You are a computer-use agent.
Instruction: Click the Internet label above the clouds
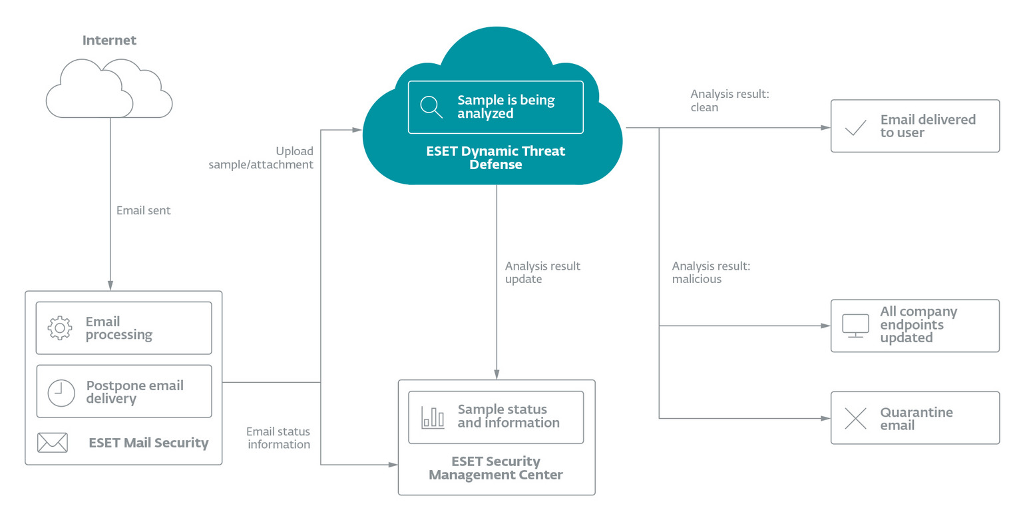coord(109,41)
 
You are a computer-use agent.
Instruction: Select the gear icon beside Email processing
coord(60,328)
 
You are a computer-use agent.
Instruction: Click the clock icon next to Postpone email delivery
coord(61,392)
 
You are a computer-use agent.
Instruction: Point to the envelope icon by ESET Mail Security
coord(53,443)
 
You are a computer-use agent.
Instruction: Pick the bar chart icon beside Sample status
coord(433,417)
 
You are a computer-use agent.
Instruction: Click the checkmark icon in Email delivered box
coord(855,127)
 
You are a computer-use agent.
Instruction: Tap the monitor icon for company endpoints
coord(855,325)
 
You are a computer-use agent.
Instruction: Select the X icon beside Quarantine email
coord(855,418)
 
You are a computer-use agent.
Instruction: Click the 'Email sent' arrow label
coord(143,210)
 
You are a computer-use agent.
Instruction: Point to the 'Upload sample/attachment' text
coord(261,158)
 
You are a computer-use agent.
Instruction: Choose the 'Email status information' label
coord(278,437)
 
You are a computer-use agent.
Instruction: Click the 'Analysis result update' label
coord(542,272)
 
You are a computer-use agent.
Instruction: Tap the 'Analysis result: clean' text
coord(729,101)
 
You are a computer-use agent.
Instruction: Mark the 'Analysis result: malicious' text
coord(711,272)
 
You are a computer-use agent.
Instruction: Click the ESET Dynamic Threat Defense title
coord(496,158)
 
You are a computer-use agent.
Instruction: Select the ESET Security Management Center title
coord(496,468)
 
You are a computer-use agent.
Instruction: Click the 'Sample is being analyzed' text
coord(506,107)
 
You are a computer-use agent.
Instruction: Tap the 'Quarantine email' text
coord(917,419)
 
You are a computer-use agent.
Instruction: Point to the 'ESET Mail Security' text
coord(148,443)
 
